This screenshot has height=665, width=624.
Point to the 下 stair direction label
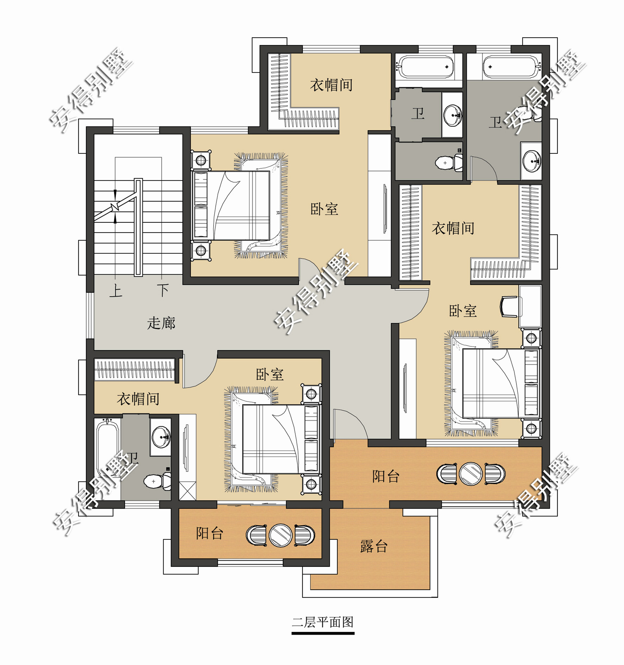tap(163, 290)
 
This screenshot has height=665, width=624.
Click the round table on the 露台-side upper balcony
tap(471, 474)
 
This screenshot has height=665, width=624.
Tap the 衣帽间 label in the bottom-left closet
tap(138, 399)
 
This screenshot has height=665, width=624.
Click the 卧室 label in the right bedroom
tap(463, 311)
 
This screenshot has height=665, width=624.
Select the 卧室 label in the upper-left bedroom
tap(324, 209)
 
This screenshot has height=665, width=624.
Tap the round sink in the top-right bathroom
tap(532, 161)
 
